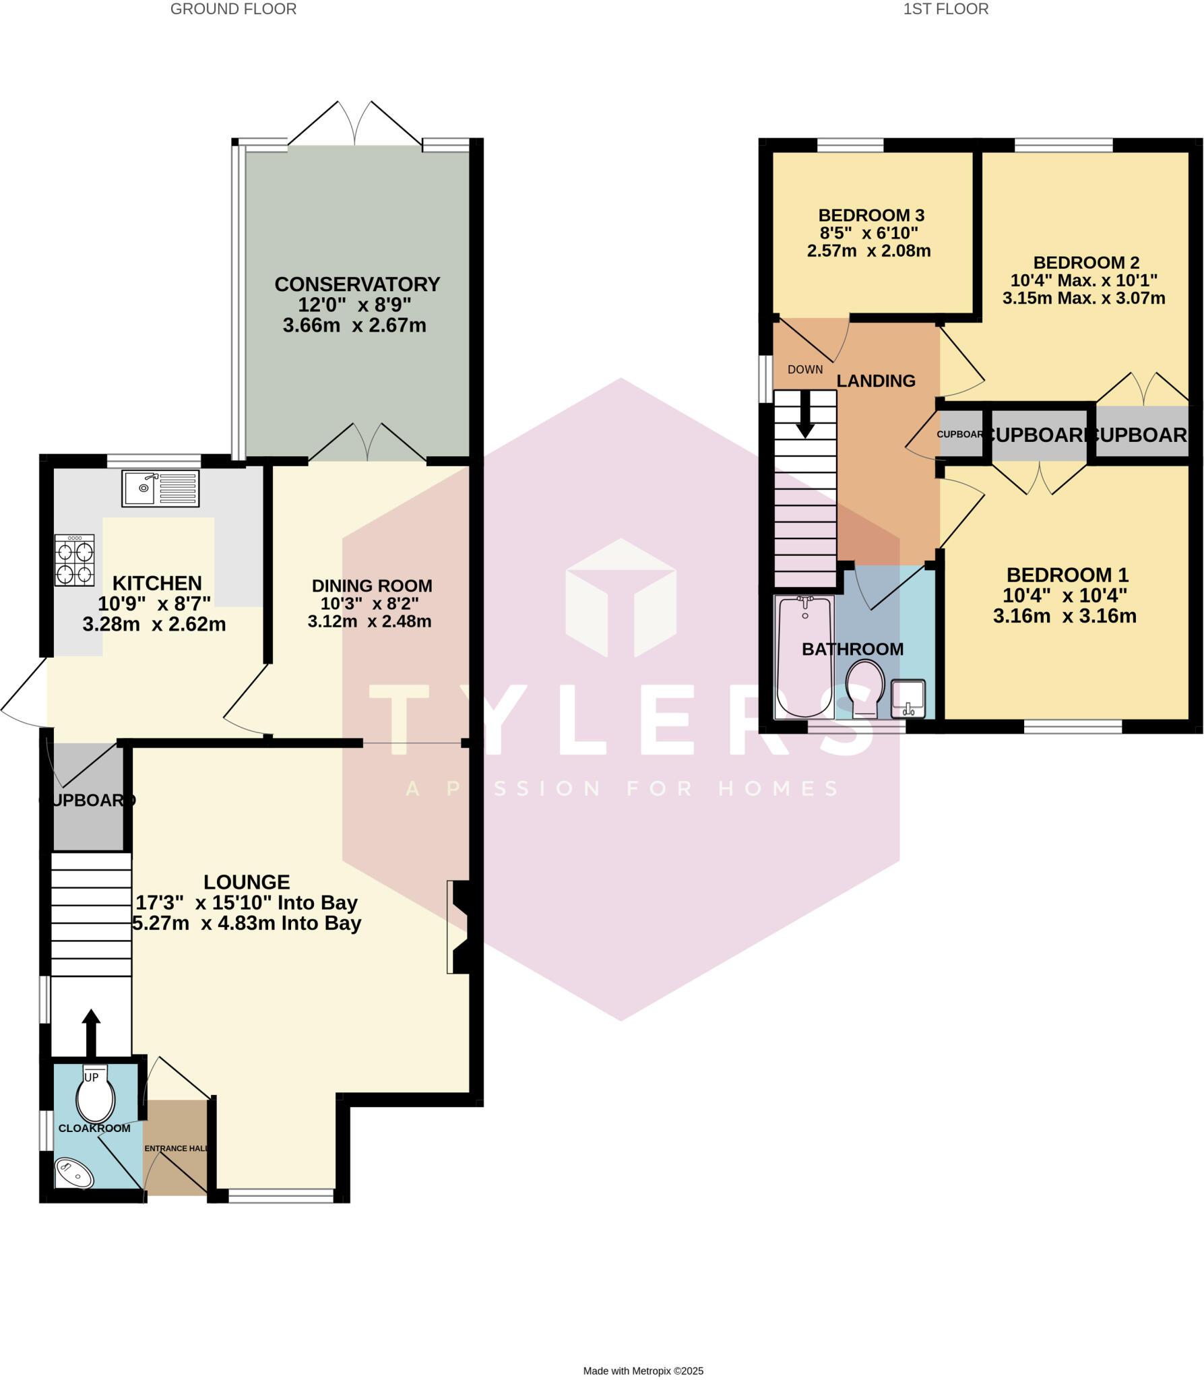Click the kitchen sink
click(x=160, y=489)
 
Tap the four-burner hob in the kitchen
click(x=75, y=560)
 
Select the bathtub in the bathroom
click(x=804, y=657)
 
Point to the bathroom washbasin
click(x=908, y=698)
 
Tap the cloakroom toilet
click(x=95, y=1097)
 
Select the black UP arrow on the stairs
click(x=91, y=1032)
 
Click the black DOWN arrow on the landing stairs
click(x=805, y=414)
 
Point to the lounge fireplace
click(x=459, y=927)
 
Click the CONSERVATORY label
click(x=357, y=284)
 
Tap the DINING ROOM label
click(x=372, y=586)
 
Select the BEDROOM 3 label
click(x=871, y=216)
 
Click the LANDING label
click(x=876, y=381)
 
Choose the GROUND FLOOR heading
click(x=233, y=9)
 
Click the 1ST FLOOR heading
click(x=945, y=9)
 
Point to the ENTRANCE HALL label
click(x=176, y=1148)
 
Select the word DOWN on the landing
click(x=805, y=370)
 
